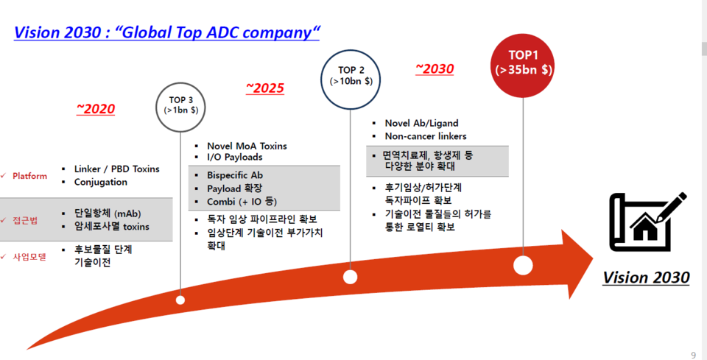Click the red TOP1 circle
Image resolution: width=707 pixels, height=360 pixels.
(x=524, y=63)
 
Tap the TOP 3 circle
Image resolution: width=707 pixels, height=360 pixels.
(x=181, y=106)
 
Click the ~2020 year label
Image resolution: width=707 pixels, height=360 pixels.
(x=96, y=110)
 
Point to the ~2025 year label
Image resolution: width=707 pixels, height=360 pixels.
(x=265, y=89)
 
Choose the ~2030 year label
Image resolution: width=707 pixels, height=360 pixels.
(x=435, y=69)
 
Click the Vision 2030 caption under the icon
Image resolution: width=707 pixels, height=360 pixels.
(x=646, y=278)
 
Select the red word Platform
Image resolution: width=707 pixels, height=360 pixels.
(x=29, y=176)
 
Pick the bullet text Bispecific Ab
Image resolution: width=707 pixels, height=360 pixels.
(x=235, y=175)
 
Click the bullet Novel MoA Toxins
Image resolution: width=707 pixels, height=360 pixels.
(x=247, y=146)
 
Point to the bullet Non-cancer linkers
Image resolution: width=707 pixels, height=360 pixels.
(x=425, y=136)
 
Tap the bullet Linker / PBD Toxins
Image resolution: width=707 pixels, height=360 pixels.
(x=116, y=169)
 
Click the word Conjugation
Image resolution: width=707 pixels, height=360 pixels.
(x=101, y=182)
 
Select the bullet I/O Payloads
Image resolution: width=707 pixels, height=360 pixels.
(x=234, y=157)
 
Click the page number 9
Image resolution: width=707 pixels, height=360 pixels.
(x=693, y=355)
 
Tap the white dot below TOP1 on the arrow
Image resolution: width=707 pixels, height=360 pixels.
(x=524, y=266)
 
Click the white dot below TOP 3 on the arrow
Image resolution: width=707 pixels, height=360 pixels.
(x=181, y=300)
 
